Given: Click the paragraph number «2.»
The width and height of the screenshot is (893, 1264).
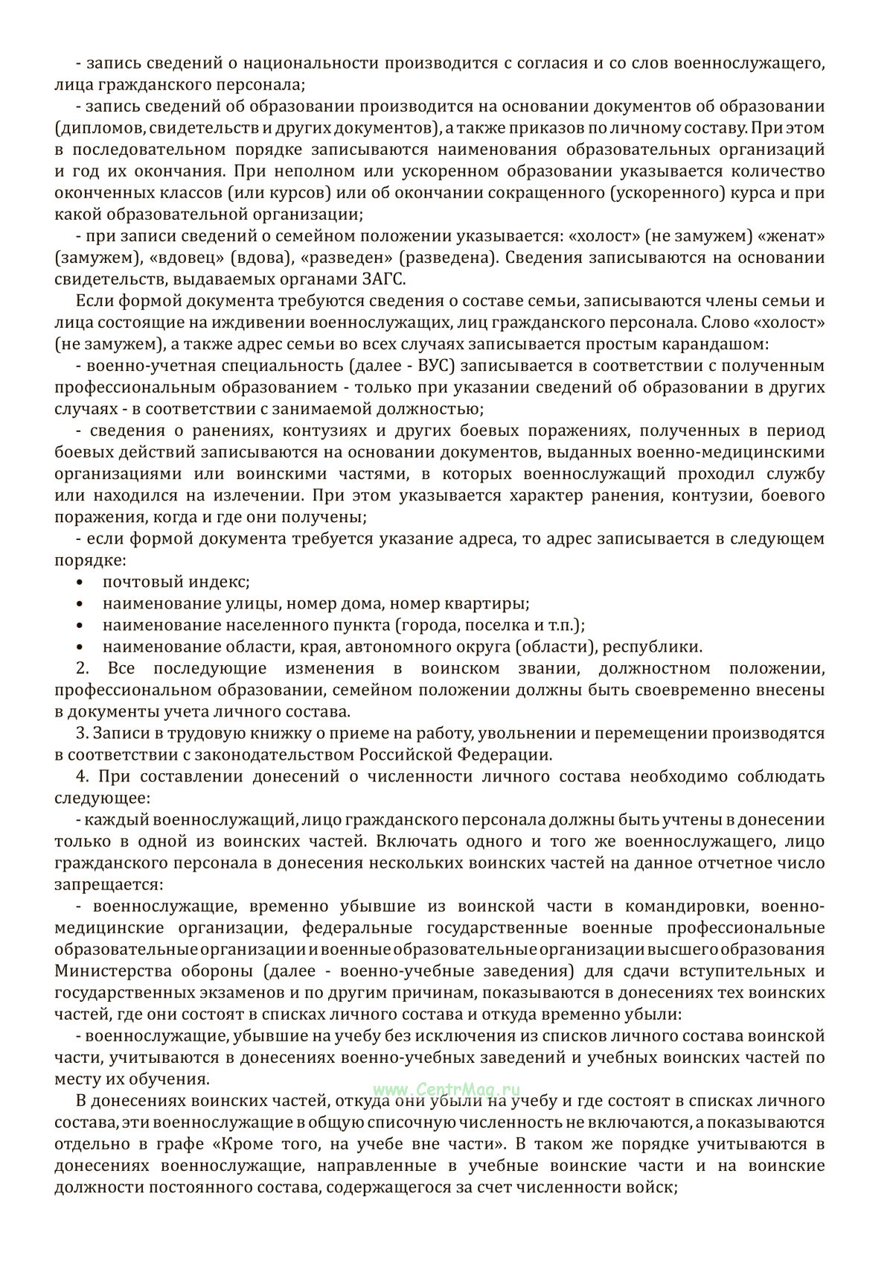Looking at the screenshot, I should [x=83, y=668].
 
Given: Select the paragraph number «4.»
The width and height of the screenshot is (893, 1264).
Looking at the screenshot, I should [x=83, y=776].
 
